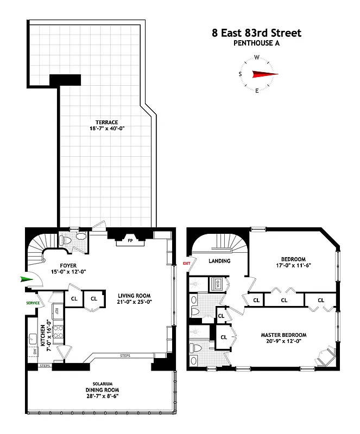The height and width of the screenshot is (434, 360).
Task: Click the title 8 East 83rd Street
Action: pos(256,33)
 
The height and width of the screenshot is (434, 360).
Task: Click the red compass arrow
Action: pos(264,74)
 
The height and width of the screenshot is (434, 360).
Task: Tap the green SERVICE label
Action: pos(33,303)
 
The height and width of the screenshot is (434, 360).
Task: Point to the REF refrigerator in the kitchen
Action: pos(56,311)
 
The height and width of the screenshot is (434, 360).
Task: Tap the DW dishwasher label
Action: pos(35,352)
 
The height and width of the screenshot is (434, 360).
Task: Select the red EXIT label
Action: pos(187,263)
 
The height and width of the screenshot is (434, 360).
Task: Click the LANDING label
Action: pos(219,261)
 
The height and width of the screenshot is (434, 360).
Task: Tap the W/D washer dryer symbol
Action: pos(214,283)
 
